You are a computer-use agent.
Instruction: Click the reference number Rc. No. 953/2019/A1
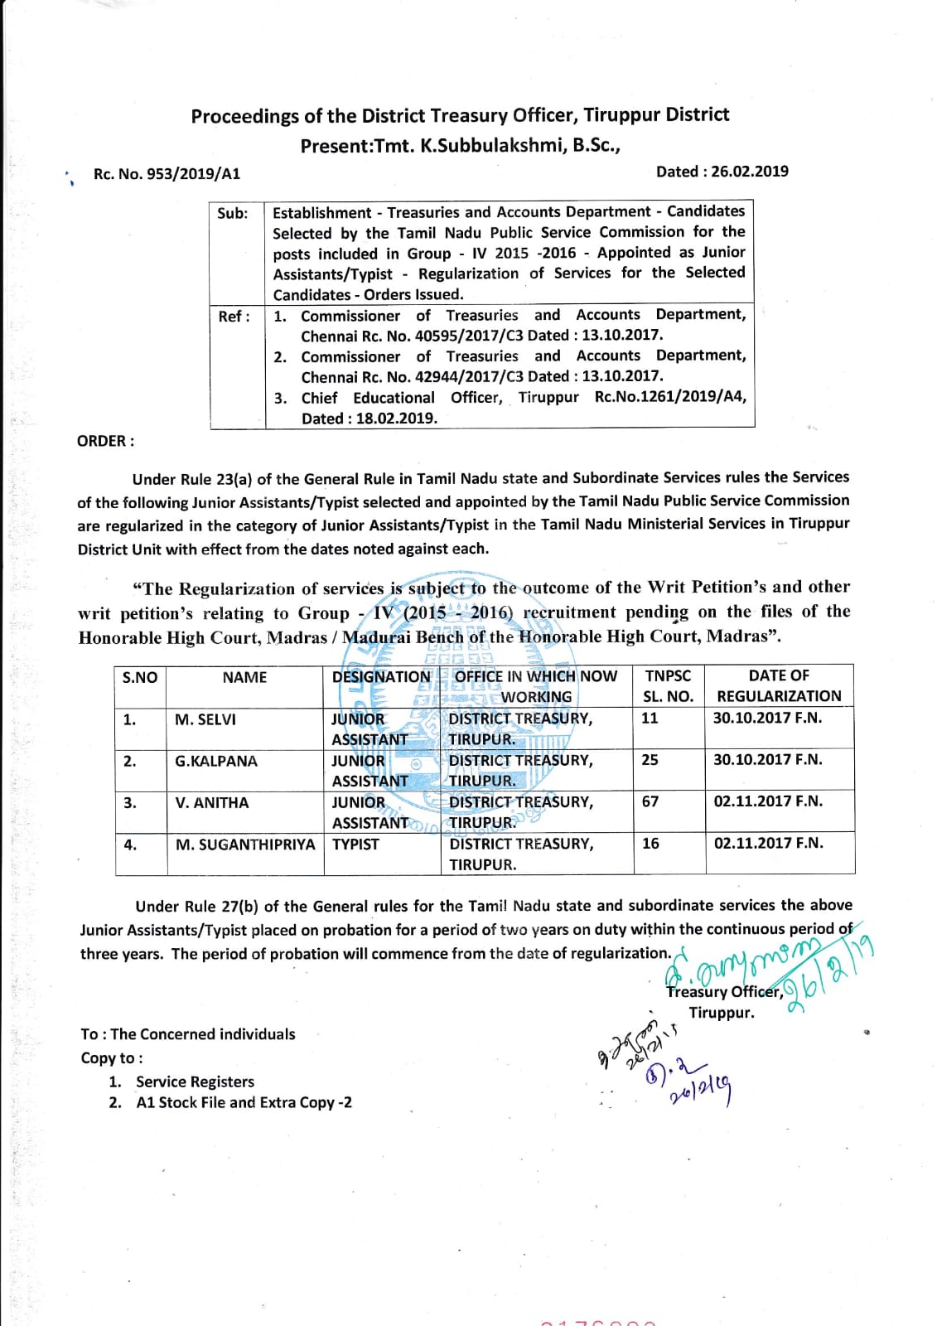coord(167,174)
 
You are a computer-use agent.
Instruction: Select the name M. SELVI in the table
coord(205,719)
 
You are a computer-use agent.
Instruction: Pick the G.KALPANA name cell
coord(215,761)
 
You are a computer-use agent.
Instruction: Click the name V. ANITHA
coord(211,802)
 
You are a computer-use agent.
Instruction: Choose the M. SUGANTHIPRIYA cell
coord(245,844)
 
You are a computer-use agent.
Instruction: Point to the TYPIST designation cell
coord(355,844)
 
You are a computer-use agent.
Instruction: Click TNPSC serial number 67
coord(650,801)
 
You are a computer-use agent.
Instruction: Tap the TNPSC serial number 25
coord(650,759)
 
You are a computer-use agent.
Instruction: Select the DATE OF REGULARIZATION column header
coord(779,685)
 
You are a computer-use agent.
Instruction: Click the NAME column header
coord(244,677)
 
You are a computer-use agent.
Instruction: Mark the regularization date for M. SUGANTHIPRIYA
coord(768,843)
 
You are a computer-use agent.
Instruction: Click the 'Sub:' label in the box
coord(233,213)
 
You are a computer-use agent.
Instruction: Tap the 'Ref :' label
coord(234,317)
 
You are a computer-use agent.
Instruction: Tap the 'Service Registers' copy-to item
coord(195,1082)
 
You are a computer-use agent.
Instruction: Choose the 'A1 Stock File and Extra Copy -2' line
coord(244,1102)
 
